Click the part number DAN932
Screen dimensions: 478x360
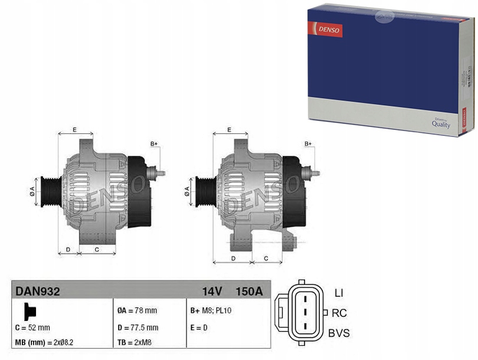(38, 292)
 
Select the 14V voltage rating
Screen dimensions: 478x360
(212, 292)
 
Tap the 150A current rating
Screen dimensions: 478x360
(249, 292)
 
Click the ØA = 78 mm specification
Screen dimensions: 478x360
(137, 310)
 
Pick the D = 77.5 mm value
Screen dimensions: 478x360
(137, 328)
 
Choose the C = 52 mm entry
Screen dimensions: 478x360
(32, 328)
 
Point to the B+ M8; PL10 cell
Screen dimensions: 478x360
(211, 310)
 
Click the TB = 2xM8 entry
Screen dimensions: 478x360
(135, 343)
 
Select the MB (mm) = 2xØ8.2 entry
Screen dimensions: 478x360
(44, 343)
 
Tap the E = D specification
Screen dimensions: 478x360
(199, 328)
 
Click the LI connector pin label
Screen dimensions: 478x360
(339, 293)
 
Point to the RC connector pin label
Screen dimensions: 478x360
(339, 313)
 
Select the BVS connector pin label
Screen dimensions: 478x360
(339, 333)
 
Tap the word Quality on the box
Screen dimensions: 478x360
(441, 124)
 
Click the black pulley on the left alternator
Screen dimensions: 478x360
(51, 192)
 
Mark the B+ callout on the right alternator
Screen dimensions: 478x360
(308, 143)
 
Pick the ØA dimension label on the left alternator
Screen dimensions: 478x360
(32, 191)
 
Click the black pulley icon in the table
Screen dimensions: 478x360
(30, 312)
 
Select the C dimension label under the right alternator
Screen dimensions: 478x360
(266, 258)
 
